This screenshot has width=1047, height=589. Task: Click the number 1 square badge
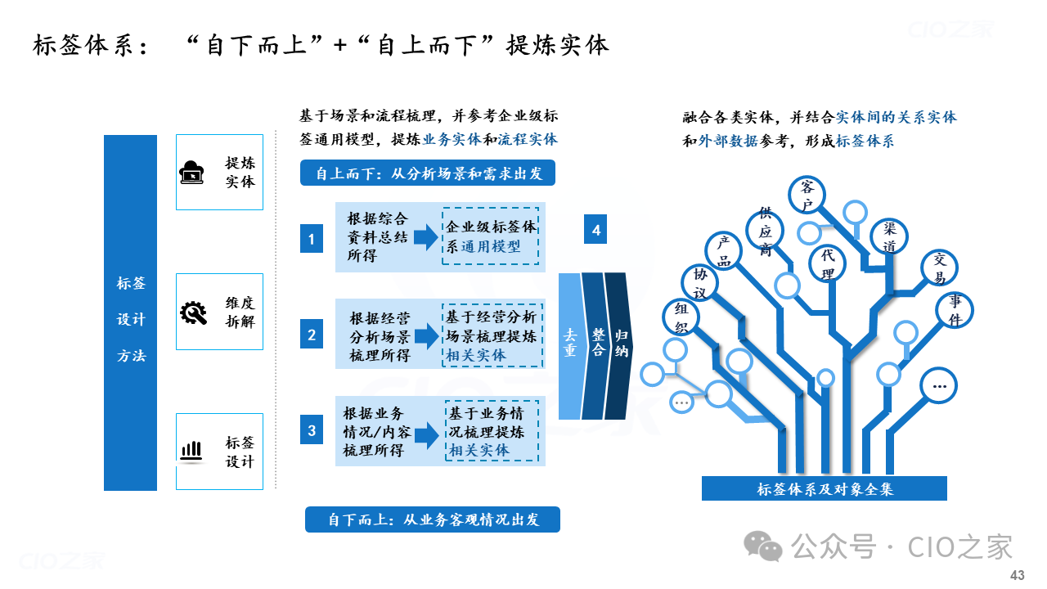(312, 239)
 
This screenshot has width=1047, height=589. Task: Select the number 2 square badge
(312, 335)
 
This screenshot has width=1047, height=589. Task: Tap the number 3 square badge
(312, 429)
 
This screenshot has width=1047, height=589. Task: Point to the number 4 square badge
(595, 229)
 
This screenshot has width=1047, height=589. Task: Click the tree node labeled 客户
(807, 195)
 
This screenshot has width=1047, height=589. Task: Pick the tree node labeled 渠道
(889, 237)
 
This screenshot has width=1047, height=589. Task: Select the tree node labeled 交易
(940, 268)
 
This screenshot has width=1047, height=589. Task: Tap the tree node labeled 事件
(955, 309)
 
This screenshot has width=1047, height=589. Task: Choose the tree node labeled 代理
(827, 264)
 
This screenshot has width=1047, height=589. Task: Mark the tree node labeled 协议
(699, 283)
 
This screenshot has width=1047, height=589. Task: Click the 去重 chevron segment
(571, 346)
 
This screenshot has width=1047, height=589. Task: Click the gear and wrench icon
(193, 312)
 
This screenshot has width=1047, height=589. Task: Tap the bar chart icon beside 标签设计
(191, 452)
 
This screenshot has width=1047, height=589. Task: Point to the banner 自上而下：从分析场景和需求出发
(428, 173)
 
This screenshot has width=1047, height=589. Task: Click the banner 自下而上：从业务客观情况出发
(433, 519)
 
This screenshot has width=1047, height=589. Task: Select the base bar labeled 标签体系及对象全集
(825, 488)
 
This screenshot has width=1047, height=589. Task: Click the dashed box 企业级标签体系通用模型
(490, 236)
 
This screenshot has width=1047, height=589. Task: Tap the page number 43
(1017, 575)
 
